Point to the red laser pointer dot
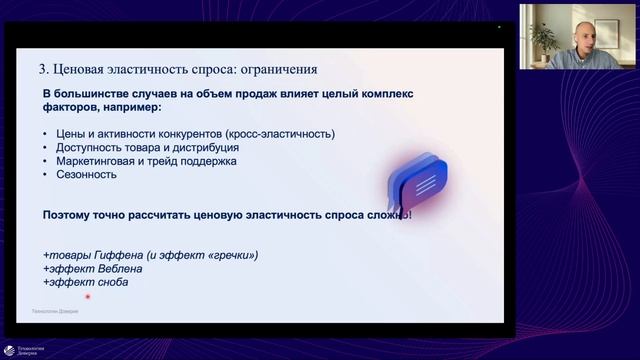[88, 296]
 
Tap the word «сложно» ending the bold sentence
[382, 215]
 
